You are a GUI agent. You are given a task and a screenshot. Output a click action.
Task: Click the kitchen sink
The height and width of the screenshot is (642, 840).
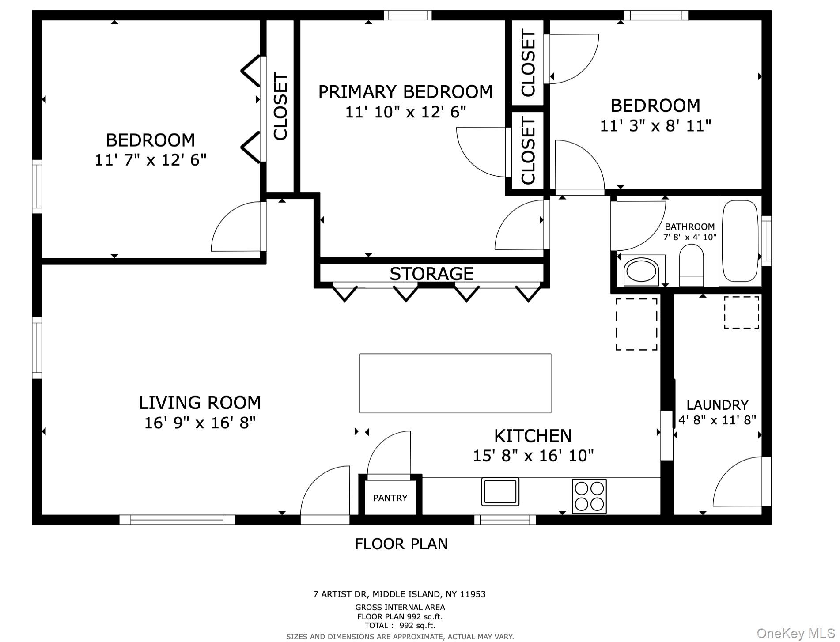point(500,491)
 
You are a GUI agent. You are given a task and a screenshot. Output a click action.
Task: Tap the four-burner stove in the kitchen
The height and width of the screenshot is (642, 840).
point(589,496)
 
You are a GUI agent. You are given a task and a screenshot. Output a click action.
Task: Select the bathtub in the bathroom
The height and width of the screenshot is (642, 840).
point(740,241)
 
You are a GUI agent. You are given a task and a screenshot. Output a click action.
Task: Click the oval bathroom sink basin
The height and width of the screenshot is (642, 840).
point(641,272)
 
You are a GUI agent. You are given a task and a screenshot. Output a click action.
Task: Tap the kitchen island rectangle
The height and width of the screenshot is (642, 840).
point(455,383)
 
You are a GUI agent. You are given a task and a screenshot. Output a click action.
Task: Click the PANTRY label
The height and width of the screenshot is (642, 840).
point(390,498)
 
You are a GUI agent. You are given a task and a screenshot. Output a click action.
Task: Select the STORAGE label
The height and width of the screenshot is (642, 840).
point(431,274)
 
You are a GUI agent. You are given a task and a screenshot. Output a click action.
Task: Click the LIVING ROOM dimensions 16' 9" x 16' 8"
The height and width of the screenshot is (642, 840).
point(200,423)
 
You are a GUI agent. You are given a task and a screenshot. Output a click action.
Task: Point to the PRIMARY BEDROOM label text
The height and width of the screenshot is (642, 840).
point(405,92)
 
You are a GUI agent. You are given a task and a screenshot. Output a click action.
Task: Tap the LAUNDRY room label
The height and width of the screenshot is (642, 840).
point(717,405)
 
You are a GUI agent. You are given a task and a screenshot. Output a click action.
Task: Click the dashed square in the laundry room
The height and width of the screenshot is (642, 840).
point(742,313)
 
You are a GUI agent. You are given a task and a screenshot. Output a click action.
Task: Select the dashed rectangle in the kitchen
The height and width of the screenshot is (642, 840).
point(636,324)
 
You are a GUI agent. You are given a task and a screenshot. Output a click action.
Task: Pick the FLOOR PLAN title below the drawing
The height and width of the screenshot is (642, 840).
point(401,544)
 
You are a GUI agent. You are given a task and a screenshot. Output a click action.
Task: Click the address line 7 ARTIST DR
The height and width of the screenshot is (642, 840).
point(399,594)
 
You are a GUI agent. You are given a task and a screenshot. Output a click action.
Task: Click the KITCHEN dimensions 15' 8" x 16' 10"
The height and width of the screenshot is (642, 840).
point(533,455)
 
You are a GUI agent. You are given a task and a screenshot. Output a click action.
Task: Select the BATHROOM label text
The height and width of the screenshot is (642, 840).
point(689,227)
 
